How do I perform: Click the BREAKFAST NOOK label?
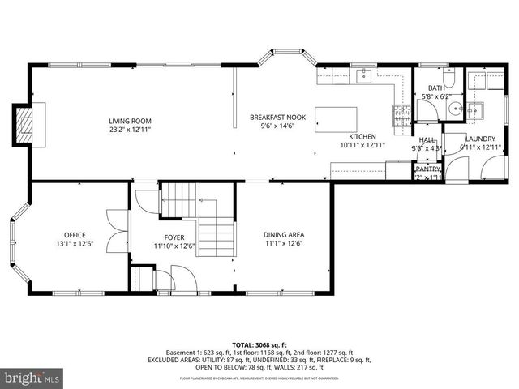pos(277,118)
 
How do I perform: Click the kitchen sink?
pos(362,77)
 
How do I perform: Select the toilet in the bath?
pos(450,79)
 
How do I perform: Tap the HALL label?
pos(427,139)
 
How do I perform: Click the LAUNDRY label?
pos(480,139)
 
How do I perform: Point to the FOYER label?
pos(174,237)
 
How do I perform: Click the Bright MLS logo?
pos(32,378)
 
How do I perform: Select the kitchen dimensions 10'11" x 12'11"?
pos(362,145)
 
